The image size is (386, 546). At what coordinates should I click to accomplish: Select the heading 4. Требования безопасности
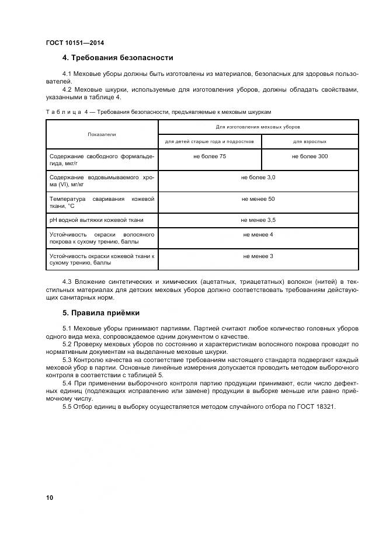pos(117,57)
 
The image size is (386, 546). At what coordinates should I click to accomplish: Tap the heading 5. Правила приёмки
pos(100,312)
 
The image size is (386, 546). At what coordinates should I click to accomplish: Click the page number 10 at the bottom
pos(50,497)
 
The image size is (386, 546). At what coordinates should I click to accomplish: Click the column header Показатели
pos(102,134)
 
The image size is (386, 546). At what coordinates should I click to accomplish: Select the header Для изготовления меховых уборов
pos(258,127)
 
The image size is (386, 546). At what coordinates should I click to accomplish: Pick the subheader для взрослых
pos(310,142)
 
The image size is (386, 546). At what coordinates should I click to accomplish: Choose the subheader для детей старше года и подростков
pos(209,142)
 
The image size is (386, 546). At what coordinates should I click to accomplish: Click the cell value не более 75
pos(210,157)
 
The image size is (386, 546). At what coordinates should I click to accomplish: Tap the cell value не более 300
pos(310,157)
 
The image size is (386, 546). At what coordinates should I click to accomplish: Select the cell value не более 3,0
pos(258,177)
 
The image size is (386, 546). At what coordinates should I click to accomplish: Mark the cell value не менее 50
pos(258,199)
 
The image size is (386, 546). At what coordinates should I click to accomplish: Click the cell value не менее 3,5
pos(258,220)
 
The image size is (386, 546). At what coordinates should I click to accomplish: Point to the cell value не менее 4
pos(258,234)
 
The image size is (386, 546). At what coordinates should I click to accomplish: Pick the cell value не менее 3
pos(258,256)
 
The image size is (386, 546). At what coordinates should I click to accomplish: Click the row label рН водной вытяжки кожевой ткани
pos(96,220)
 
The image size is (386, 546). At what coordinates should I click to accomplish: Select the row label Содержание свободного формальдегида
pos(102,160)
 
